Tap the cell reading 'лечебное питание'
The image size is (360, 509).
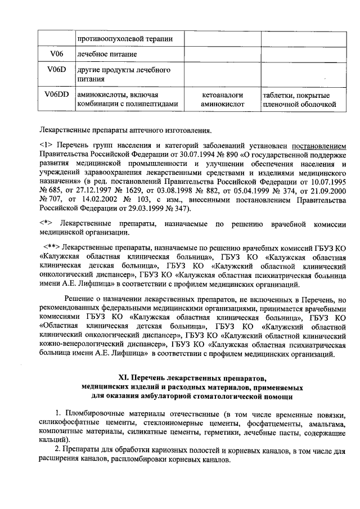point(107,54)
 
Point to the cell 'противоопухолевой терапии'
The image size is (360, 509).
point(125,38)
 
